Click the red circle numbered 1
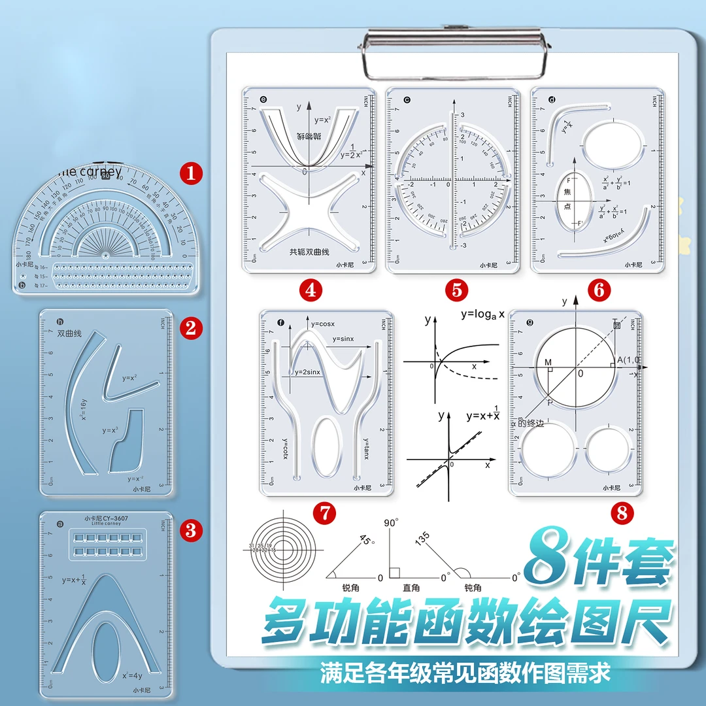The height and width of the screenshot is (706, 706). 192,174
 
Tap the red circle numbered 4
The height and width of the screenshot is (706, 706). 310,289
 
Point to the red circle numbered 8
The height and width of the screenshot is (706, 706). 622,513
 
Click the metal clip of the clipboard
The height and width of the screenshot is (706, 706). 455,50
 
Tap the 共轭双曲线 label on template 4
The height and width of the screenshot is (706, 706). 310,251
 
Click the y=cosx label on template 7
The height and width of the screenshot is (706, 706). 323,324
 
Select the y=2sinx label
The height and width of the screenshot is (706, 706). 309,372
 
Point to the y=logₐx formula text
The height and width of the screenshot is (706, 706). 482,314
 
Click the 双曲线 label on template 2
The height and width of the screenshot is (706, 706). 69,333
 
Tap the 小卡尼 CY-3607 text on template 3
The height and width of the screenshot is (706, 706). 106,519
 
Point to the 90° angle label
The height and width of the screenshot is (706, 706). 391,523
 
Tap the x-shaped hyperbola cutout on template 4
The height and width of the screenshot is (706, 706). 308,210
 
